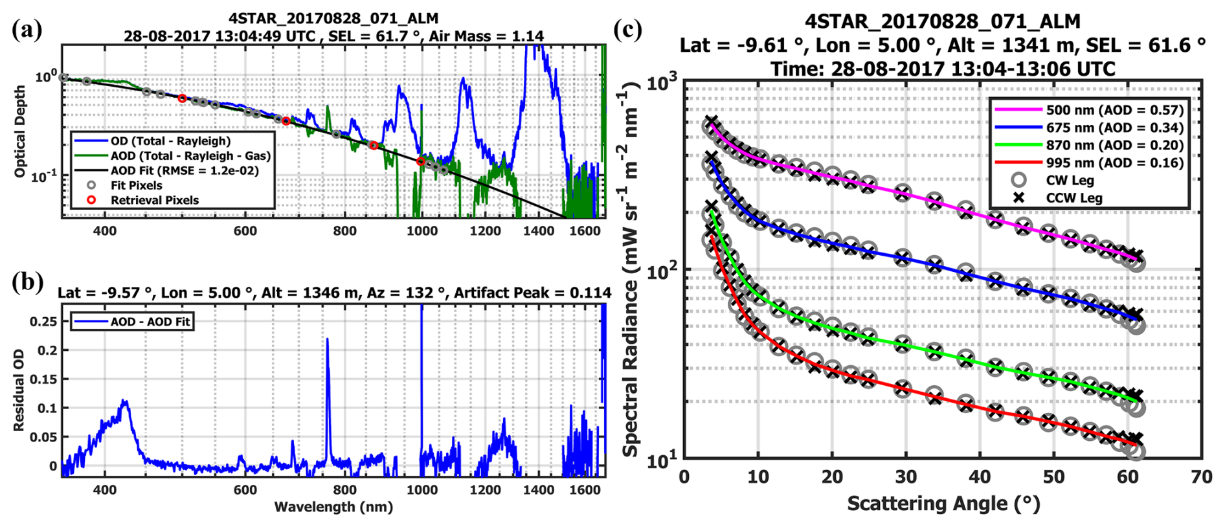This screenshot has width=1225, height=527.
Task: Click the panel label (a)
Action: coord(27,30)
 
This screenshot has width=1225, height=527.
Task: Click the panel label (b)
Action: coord(27,282)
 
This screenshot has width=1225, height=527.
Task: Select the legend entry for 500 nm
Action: coord(1114,110)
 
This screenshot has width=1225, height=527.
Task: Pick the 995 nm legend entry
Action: coord(1114,163)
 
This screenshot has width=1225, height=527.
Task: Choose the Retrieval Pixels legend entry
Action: coord(154,200)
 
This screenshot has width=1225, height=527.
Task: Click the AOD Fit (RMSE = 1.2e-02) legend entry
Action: coord(184,171)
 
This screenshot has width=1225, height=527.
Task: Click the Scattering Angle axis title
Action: coord(943,504)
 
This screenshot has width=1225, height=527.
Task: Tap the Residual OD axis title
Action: coord(19,390)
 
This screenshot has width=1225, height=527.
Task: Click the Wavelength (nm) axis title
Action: coord(333,507)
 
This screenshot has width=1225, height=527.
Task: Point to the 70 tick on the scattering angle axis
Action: coord(1201,477)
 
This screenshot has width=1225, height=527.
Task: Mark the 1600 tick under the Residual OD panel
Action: coord(585,490)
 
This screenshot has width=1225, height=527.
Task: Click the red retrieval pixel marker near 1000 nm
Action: coord(421,161)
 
